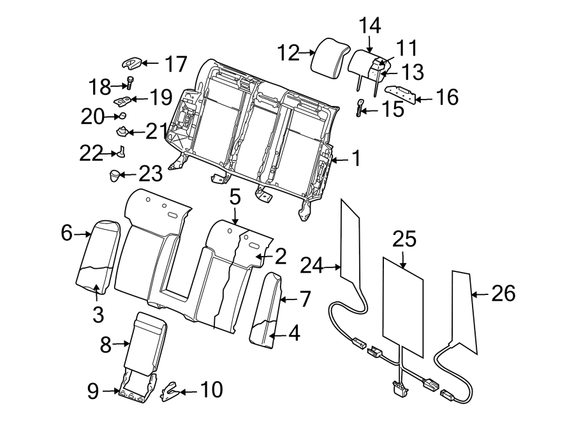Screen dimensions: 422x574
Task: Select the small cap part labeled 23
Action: click(115, 174)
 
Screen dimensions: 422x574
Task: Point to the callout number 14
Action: click(370, 26)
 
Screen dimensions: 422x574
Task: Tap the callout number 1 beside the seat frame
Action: click(355, 158)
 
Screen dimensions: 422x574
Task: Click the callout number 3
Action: click(97, 313)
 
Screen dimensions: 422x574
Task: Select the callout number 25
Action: click(404, 240)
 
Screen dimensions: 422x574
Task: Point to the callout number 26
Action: click(503, 294)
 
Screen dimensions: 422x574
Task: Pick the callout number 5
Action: click(235, 197)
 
